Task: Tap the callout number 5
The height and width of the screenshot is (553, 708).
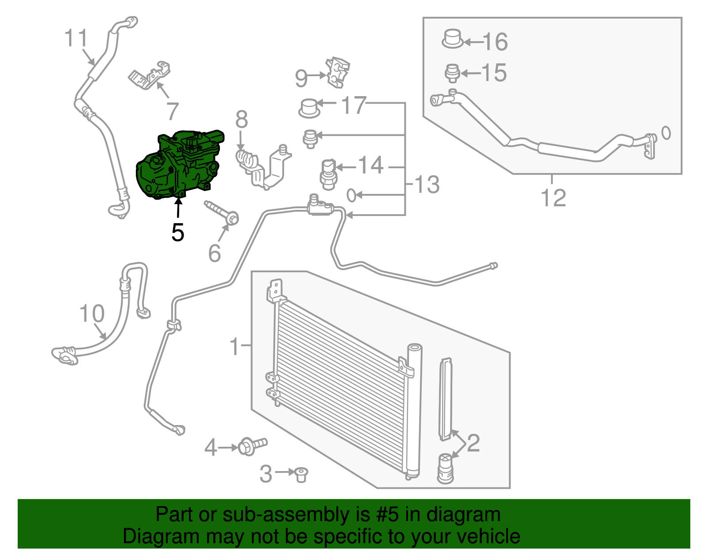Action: click(178, 232)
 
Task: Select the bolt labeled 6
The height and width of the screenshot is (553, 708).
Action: click(222, 213)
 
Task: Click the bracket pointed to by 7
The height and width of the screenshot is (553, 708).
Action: click(150, 75)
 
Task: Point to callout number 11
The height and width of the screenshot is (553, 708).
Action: click(76, 38)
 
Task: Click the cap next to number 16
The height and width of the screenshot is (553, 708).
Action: click(453, 39)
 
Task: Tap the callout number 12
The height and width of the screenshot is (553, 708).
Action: click(553, 198)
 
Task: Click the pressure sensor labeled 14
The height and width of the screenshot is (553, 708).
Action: click(328, 174)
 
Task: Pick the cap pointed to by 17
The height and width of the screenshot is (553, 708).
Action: click(309, 108)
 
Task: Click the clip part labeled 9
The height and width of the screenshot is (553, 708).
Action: click(338, 73)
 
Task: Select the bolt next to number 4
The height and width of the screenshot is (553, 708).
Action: click(253, 447)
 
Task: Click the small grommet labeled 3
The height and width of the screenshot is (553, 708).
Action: click(301, 475)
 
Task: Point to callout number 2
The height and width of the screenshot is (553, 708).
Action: click(474, 443)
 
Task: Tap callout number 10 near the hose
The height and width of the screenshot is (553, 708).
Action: click(92, 313)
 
